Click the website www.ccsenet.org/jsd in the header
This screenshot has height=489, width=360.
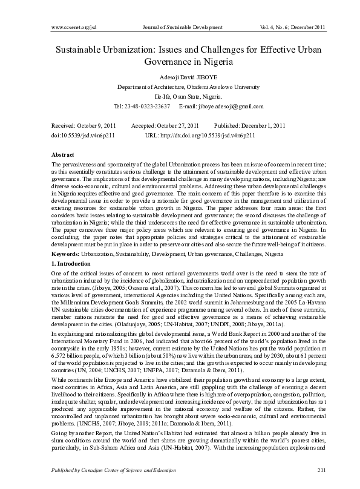pyautogui.click(x=75, y=28)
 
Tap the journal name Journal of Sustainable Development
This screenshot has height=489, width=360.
pyautogui.click(x=182, y=28)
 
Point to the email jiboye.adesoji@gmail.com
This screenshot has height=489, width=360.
pyautogui.click(x=231, y=107)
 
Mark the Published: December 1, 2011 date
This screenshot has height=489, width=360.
pyautogui.click(x=249, y=125)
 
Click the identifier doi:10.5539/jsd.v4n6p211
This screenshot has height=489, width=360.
pyautogui.click(x=87, y=136)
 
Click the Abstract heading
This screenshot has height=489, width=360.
pyautogui.click(x=63, y=155)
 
